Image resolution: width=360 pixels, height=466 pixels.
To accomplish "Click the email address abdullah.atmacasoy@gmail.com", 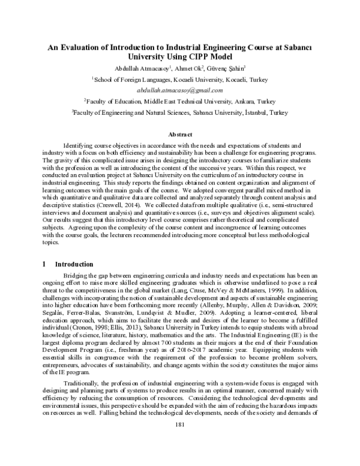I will click(179, 89).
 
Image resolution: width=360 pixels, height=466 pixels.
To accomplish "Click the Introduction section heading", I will click(74, 264).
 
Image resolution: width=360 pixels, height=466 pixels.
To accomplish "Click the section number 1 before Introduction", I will click(46, 264).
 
